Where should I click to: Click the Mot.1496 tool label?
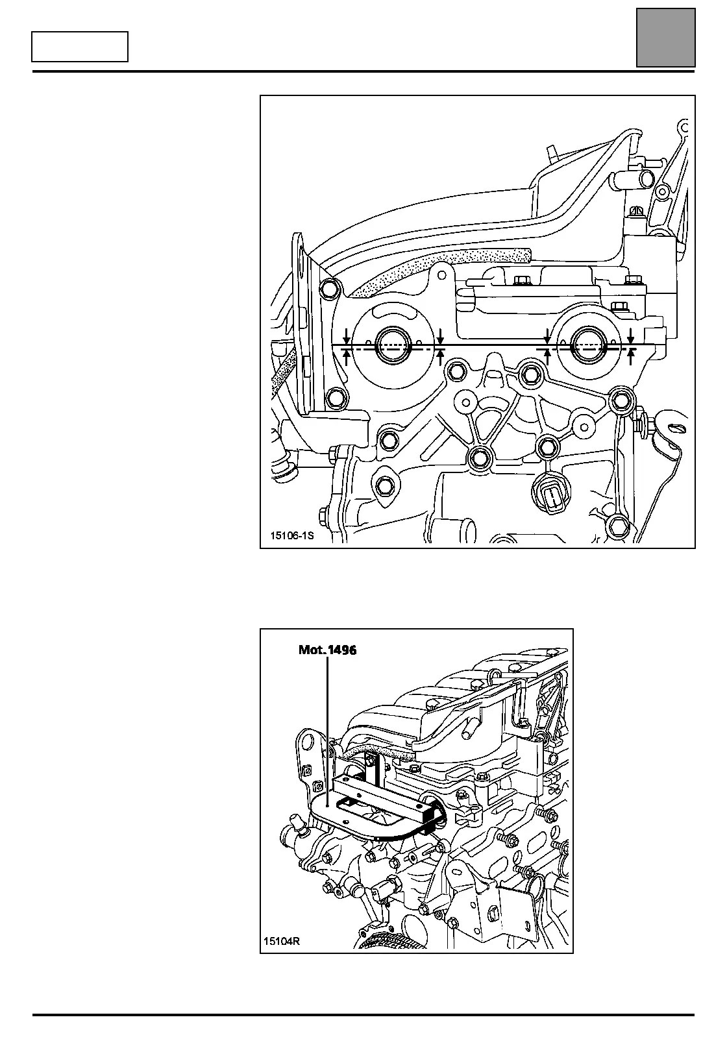(x=327, y=650)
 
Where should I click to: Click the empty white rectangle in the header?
(x=80, y=47)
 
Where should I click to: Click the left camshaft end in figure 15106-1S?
(x=393, y=347)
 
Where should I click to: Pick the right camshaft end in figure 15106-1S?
(x=590, y=346)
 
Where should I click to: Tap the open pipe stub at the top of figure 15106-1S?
(x=647, y=177)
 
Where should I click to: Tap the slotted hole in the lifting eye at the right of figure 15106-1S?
(x=674, y=428)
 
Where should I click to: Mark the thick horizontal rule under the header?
(x=363, y=71)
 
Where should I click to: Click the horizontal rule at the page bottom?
(x=363, y=1014)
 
